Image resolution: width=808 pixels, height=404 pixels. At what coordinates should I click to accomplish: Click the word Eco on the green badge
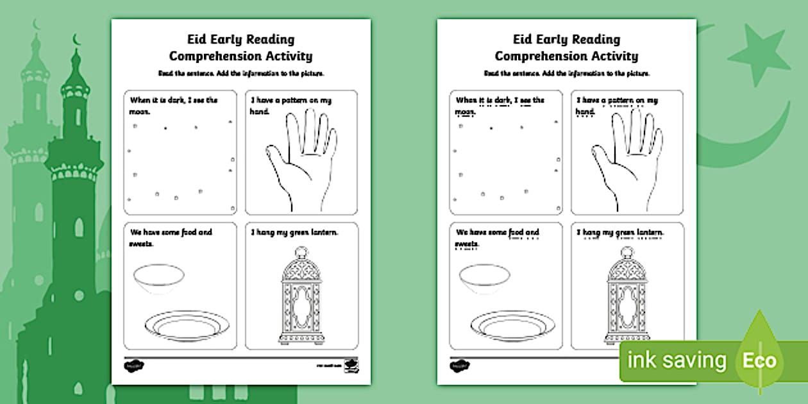(759, 360)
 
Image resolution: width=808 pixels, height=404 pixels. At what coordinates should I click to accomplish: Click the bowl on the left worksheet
(158, 280)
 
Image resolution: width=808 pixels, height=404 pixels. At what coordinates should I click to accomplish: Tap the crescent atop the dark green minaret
(78, 40)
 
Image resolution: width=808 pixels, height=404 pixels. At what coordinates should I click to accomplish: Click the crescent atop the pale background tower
(36, 25)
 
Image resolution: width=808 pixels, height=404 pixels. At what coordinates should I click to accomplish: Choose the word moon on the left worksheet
(140, 112)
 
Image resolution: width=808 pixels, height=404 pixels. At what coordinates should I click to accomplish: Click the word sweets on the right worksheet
(467, 244)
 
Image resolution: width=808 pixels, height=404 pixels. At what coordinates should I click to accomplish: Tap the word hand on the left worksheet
(259, 112)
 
